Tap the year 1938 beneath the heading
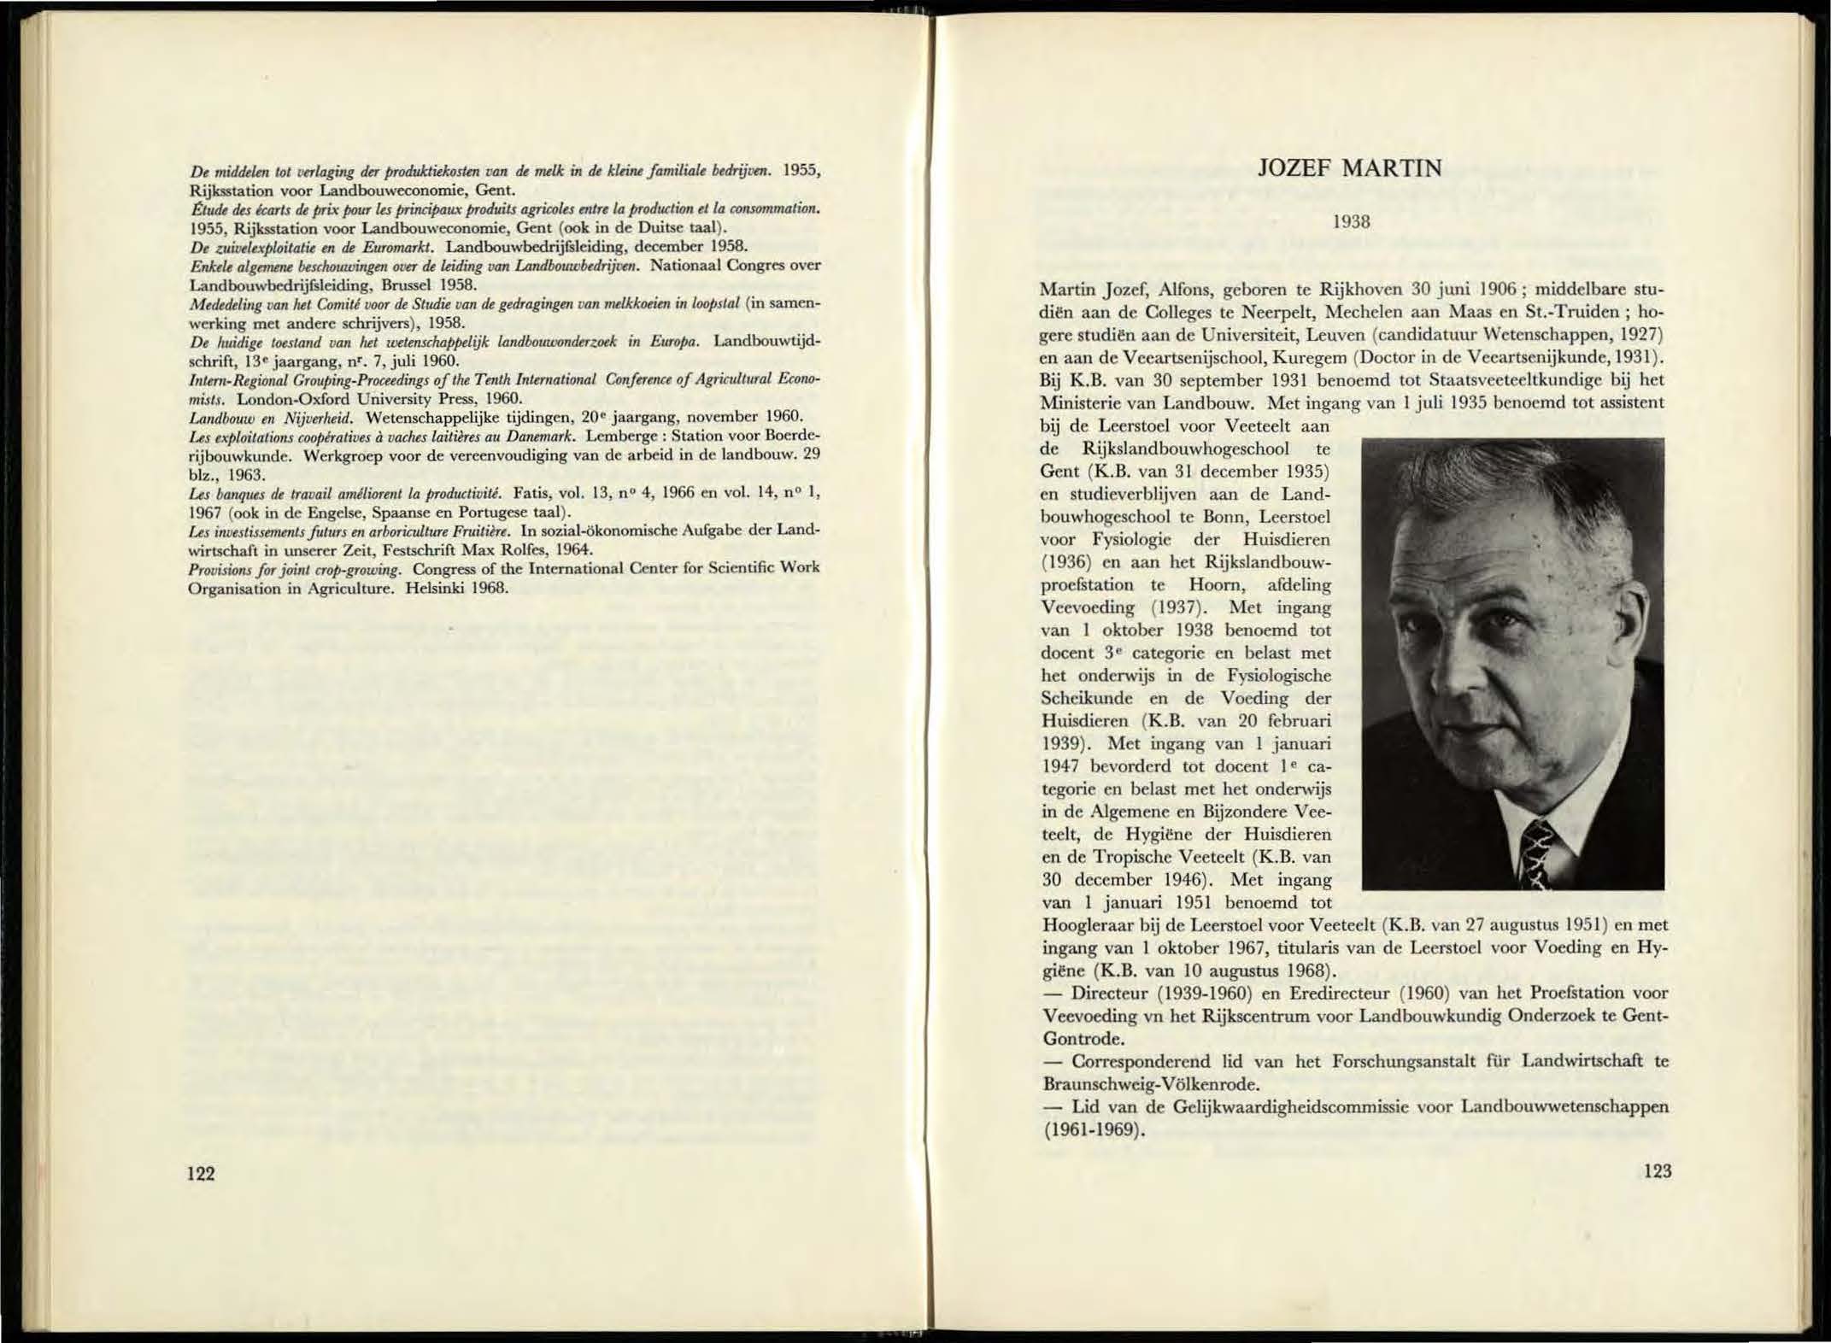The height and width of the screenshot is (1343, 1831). coord(1352,222)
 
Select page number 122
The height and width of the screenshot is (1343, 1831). coord(202,1173)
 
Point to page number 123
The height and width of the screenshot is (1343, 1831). coord(1656,1171)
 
